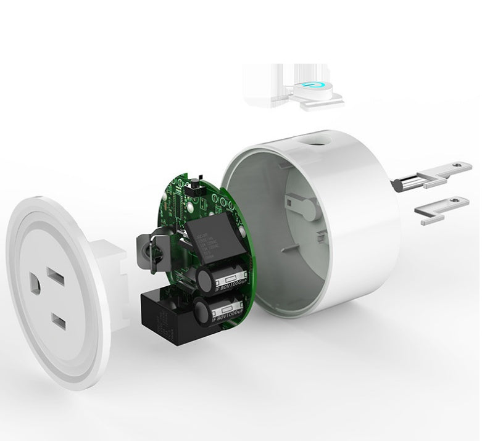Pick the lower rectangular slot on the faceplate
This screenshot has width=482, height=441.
[60, 320]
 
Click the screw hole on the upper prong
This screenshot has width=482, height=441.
[456, 165]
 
